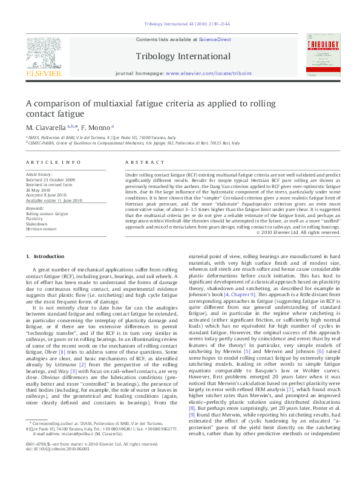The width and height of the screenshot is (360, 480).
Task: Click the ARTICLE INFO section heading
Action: [x=53, y=163]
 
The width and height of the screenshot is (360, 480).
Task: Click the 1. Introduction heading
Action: [x=45, y=257]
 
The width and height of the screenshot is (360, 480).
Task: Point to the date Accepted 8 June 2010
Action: [x=49, y=193]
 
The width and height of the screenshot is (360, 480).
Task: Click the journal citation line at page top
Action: [x=180, y=24]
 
